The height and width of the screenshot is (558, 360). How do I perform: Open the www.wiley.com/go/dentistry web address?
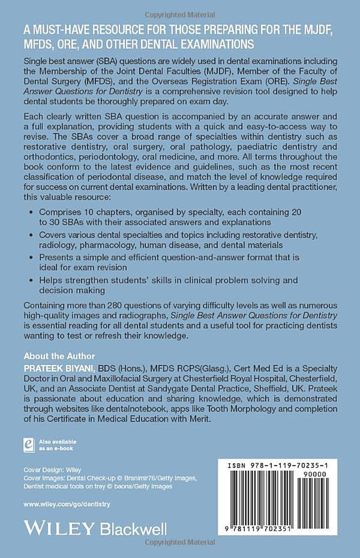coord(67,504)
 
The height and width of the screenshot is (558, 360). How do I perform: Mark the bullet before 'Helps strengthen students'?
coord(30,280)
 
